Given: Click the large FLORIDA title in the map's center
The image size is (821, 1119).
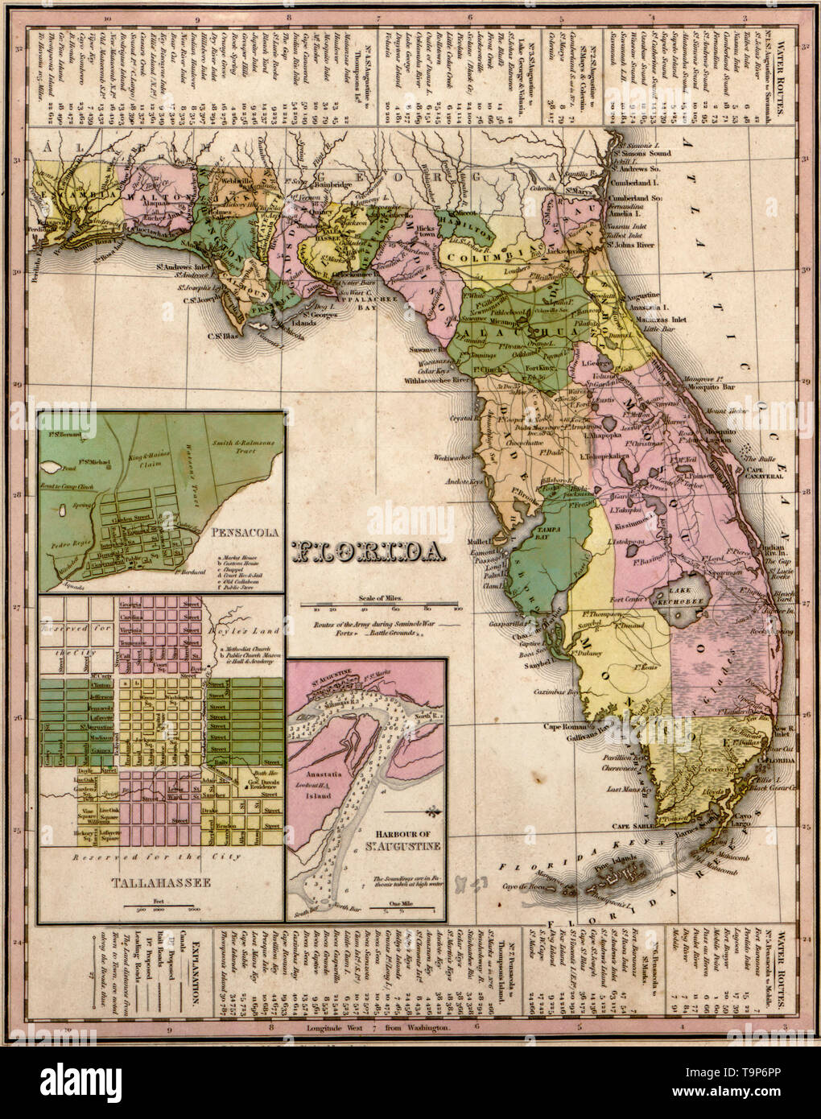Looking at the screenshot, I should (x=371, y=551).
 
